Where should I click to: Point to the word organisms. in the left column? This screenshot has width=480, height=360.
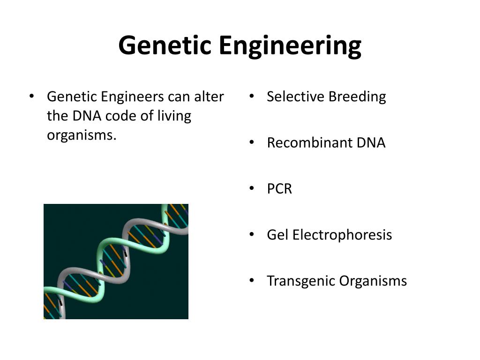tap(81, 135)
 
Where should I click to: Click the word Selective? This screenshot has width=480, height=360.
tap(295, 97)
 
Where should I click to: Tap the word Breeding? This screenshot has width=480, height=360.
tap(357, 97)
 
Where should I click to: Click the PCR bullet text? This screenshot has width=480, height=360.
tap(279, 189)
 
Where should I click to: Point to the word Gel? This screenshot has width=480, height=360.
tap(277, 235)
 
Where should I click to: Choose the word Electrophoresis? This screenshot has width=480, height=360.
tap(342, 235)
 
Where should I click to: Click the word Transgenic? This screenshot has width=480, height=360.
tap(300, 281)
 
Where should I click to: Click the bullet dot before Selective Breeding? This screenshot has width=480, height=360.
tap(252, 97)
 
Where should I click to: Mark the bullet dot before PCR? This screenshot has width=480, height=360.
tap(252, 188)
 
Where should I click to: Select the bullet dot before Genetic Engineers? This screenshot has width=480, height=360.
tap(32, 97)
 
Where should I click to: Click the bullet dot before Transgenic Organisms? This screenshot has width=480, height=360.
tap(252, 280)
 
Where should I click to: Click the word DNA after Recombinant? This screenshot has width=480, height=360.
tap(371, 143)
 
